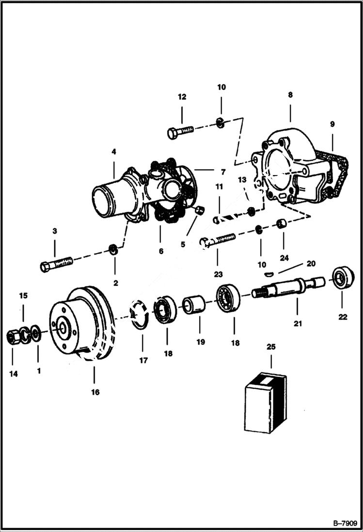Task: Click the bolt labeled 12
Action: (180, 131)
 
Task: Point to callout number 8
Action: (290, 95)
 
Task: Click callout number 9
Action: (332, 124)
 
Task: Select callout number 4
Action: (113, 152)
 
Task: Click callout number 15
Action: (23, 295)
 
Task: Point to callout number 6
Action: (161, 251)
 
